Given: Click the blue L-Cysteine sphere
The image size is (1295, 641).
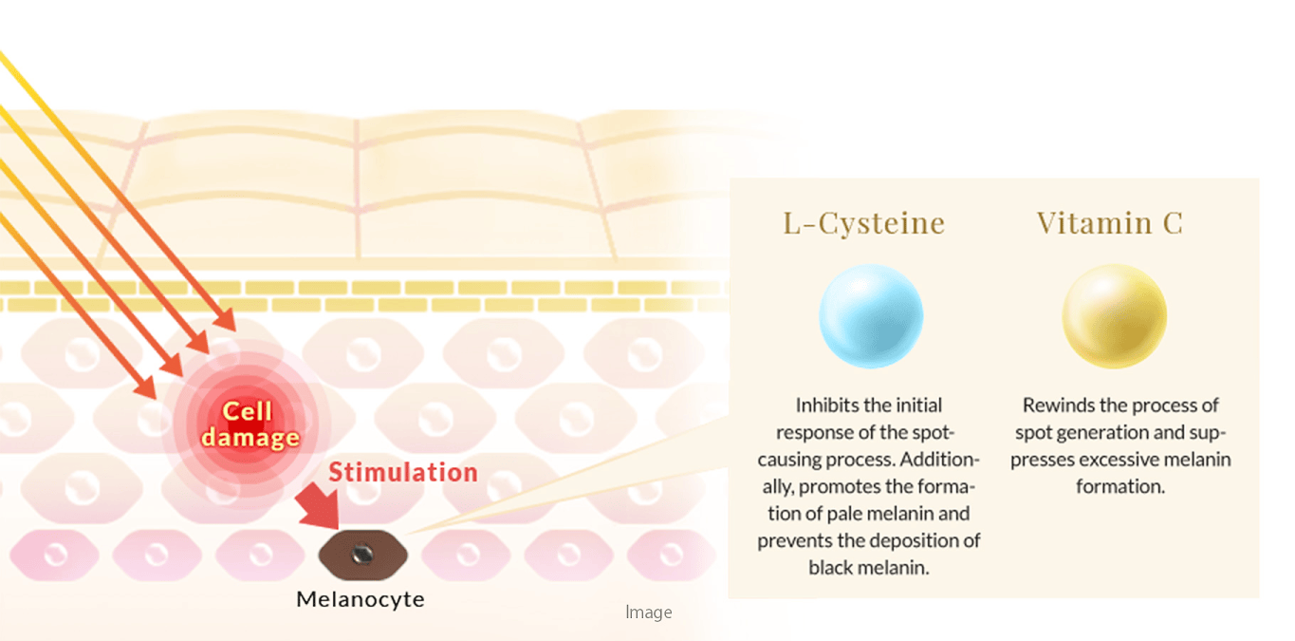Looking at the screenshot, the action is [871, 316].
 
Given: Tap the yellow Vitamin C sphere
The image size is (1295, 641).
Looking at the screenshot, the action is [1114, 316].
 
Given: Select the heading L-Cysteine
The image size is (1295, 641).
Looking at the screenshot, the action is [863, 223].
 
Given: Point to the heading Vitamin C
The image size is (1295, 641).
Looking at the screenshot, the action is [1110, 223].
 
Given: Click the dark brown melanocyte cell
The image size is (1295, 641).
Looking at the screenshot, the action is [363, 555].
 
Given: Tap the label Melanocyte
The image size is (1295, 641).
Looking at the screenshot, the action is [361, 599].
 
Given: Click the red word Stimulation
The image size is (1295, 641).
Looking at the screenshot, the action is [403, 472].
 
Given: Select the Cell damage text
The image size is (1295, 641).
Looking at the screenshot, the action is [250, 424].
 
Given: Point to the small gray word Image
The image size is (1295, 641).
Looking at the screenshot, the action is [649, 613].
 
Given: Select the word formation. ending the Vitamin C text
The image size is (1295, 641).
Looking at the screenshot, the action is [1120, 486].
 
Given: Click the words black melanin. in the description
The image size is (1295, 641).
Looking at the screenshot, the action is [869, 568].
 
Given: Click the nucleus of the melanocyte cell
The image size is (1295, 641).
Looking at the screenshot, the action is [362, 555].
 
